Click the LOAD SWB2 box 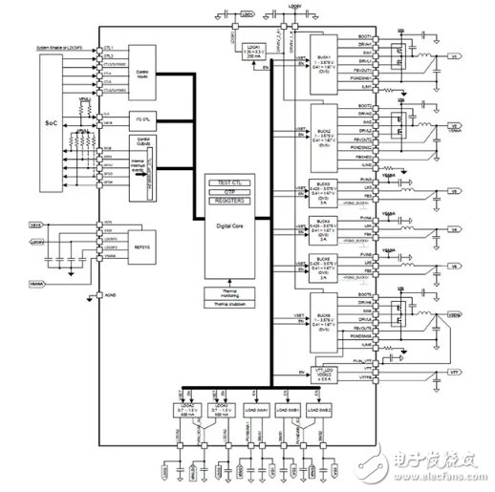tap(319, 407)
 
